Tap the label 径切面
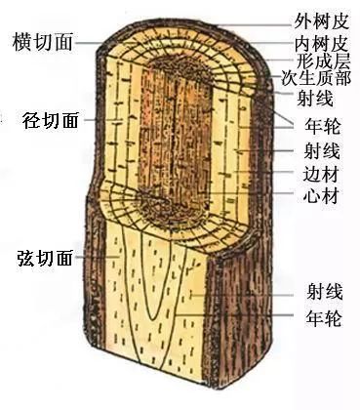pyautogui.click(x=46, y=120)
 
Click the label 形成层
pyautogui.click(x=320, y=61)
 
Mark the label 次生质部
pyautogui.click(x=316, y=78)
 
